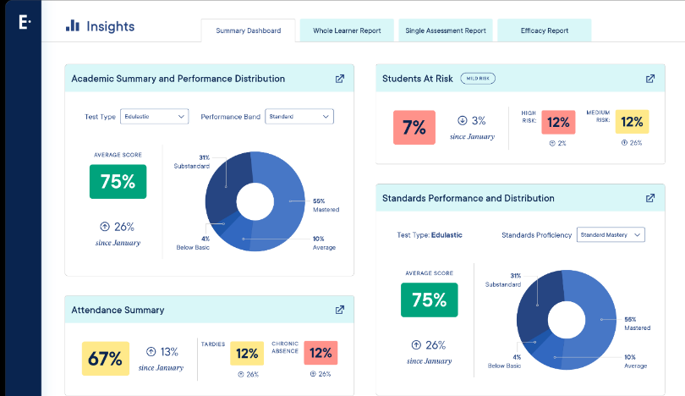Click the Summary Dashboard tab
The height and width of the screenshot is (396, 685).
click(248, 30)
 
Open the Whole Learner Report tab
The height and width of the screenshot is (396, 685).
click(347, 30)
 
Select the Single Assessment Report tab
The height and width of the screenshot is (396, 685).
click(446, 30)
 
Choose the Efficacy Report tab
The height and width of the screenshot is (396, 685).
click(545, 30)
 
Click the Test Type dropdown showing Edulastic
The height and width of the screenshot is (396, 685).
click(154, 116)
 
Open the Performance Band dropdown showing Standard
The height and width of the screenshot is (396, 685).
click(299, 116)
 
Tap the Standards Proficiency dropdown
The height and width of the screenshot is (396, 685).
click(611, 234)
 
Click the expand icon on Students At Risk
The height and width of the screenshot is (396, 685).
click(650, 79)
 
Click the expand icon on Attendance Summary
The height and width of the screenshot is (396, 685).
click(340, 310)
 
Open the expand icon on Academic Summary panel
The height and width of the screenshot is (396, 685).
click(340, 79)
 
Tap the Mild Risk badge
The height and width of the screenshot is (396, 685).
click(478, 79)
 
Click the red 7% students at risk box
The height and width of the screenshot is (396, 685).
click(414, 128)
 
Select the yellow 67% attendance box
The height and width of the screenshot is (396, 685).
click(106, 359)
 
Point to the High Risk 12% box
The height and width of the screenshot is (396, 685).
click(557, 122)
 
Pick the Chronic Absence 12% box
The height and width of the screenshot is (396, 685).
click(321, 353)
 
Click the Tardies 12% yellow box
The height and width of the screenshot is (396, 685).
click(247, 353)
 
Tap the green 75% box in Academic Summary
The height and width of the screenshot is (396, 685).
click(118, 181)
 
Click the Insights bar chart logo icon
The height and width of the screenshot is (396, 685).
click(73, 26)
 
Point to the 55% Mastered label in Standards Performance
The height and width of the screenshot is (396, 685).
click(635, 322)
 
